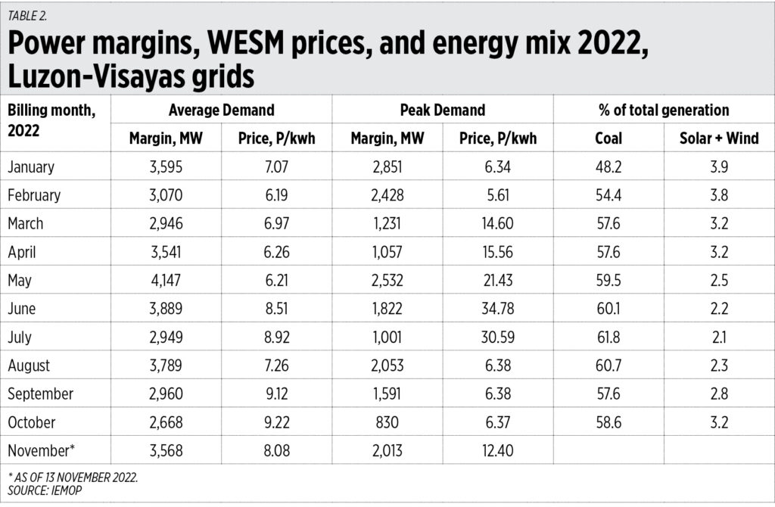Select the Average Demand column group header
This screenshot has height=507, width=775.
(221, 110)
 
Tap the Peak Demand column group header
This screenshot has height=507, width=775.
(443, 110)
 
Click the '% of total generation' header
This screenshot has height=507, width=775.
(663, 110)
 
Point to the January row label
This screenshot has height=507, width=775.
(31, 166)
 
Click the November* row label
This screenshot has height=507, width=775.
(41, 450)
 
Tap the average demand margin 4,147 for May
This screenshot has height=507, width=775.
(166, 280)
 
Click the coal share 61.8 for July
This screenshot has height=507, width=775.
(608, 337)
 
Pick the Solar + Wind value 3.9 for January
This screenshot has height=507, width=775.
(718, 166)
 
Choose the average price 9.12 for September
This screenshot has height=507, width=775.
(276, 393)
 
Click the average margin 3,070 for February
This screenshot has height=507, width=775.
(166, 195)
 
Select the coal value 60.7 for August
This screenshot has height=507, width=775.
(608, 365)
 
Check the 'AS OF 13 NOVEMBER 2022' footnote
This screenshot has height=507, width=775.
(68, 478)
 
